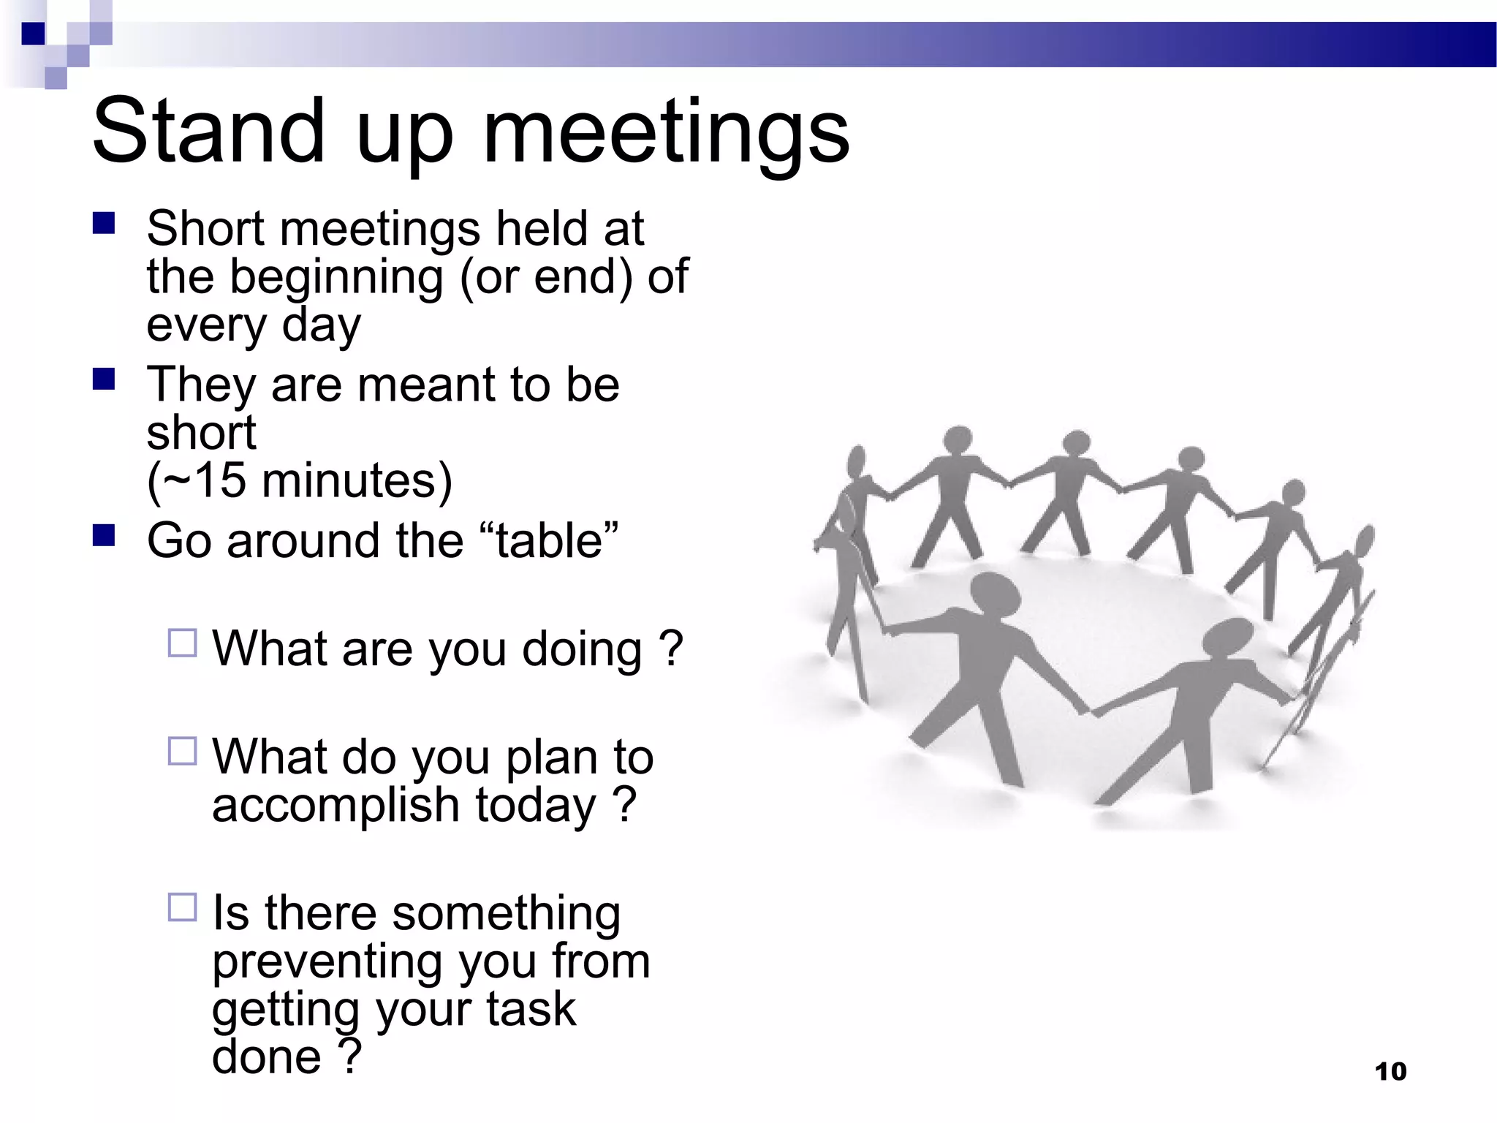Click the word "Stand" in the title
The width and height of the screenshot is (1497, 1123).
click(208, 132)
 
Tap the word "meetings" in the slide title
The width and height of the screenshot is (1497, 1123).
click(666, 133)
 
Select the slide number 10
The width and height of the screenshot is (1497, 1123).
click(1390, 1072)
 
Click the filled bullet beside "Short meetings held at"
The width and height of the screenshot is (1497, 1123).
click(104, 223)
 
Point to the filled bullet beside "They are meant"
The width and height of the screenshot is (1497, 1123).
click(104, 379)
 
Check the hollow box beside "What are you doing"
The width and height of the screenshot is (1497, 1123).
click(182, 643)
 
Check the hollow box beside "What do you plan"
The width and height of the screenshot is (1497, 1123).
click(182, 751)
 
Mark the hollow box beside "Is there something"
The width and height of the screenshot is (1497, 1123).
click(182, 907)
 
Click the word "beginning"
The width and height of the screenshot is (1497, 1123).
click(336, 278)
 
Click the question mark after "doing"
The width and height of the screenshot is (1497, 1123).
click(670, 649)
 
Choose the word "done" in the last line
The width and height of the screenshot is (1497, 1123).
click(266, 1057)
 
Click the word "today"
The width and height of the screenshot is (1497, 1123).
click(536, 806)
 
